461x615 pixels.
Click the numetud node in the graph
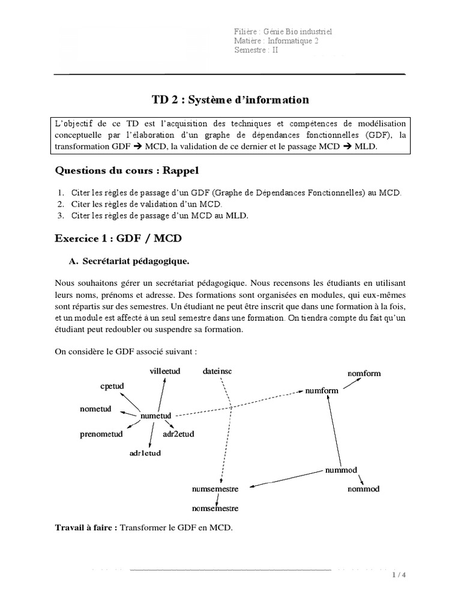(155, 416)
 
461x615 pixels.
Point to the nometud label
(95, 409)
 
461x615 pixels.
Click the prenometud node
(101, 434)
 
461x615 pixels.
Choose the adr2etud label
(178, 434)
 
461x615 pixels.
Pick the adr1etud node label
(145, 453)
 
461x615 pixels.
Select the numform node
(322, 390)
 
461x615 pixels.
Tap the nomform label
(364, 374)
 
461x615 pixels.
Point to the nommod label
(364, 489)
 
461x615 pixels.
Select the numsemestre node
(215, 489)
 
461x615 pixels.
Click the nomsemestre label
(215, 509)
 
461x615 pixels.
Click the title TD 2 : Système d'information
(229, 99)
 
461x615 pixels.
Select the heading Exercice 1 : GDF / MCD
(118, 238)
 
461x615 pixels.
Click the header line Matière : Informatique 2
(276, 40)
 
